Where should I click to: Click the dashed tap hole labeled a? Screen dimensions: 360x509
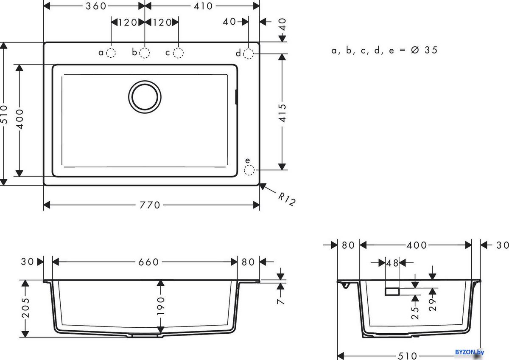[111, 53]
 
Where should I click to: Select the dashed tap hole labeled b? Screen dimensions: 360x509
[145, 53]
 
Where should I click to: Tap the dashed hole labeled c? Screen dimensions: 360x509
[179, 53]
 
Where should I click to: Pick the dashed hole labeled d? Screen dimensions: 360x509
[249, 53]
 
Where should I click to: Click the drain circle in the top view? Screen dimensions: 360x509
[145, 96]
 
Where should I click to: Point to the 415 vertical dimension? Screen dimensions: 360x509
[282, 113]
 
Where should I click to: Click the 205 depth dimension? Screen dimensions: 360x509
[26, 309]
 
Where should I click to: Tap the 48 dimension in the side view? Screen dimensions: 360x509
[392, 263]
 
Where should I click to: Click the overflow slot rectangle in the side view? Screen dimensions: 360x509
[392, 291]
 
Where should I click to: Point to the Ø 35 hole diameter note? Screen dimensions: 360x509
[384, 50]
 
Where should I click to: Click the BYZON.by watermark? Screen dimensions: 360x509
[469, 352]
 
